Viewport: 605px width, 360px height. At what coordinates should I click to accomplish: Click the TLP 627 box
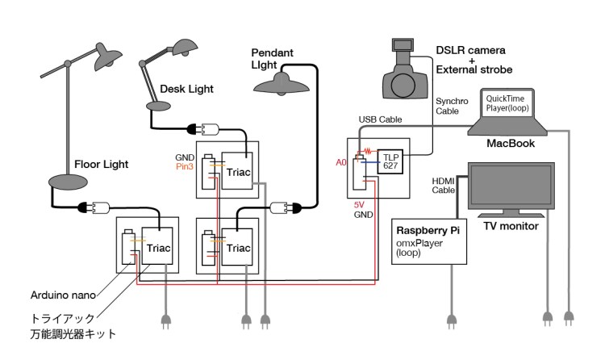point(390,161)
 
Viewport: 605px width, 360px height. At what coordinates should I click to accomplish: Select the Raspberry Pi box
point(429,241)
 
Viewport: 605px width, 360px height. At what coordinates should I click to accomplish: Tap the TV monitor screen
point(511,186)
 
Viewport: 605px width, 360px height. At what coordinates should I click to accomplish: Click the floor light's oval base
point(68,182)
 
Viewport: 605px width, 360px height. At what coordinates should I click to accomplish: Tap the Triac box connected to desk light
point(237,171)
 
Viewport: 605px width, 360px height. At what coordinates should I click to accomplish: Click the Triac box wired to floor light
point(157,245)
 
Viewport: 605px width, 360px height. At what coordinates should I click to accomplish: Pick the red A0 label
point(341,162)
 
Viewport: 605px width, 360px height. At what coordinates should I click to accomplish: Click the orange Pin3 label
point(185,166)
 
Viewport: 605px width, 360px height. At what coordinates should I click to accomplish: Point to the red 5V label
point(359,205)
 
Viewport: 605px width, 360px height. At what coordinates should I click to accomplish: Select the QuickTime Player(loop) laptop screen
point(507,103)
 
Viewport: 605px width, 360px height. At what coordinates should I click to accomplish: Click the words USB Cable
point(380,119)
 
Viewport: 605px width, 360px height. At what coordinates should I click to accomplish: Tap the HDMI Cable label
point(444,186)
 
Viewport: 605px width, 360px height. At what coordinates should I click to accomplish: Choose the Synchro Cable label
point(452,106)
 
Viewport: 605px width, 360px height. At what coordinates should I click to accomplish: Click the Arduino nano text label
point(63,295)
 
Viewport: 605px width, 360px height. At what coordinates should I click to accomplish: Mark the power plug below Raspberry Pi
point(452,321)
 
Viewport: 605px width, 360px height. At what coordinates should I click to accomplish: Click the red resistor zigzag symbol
point(367,150)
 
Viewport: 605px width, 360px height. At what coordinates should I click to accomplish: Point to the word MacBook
point(511,144)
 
